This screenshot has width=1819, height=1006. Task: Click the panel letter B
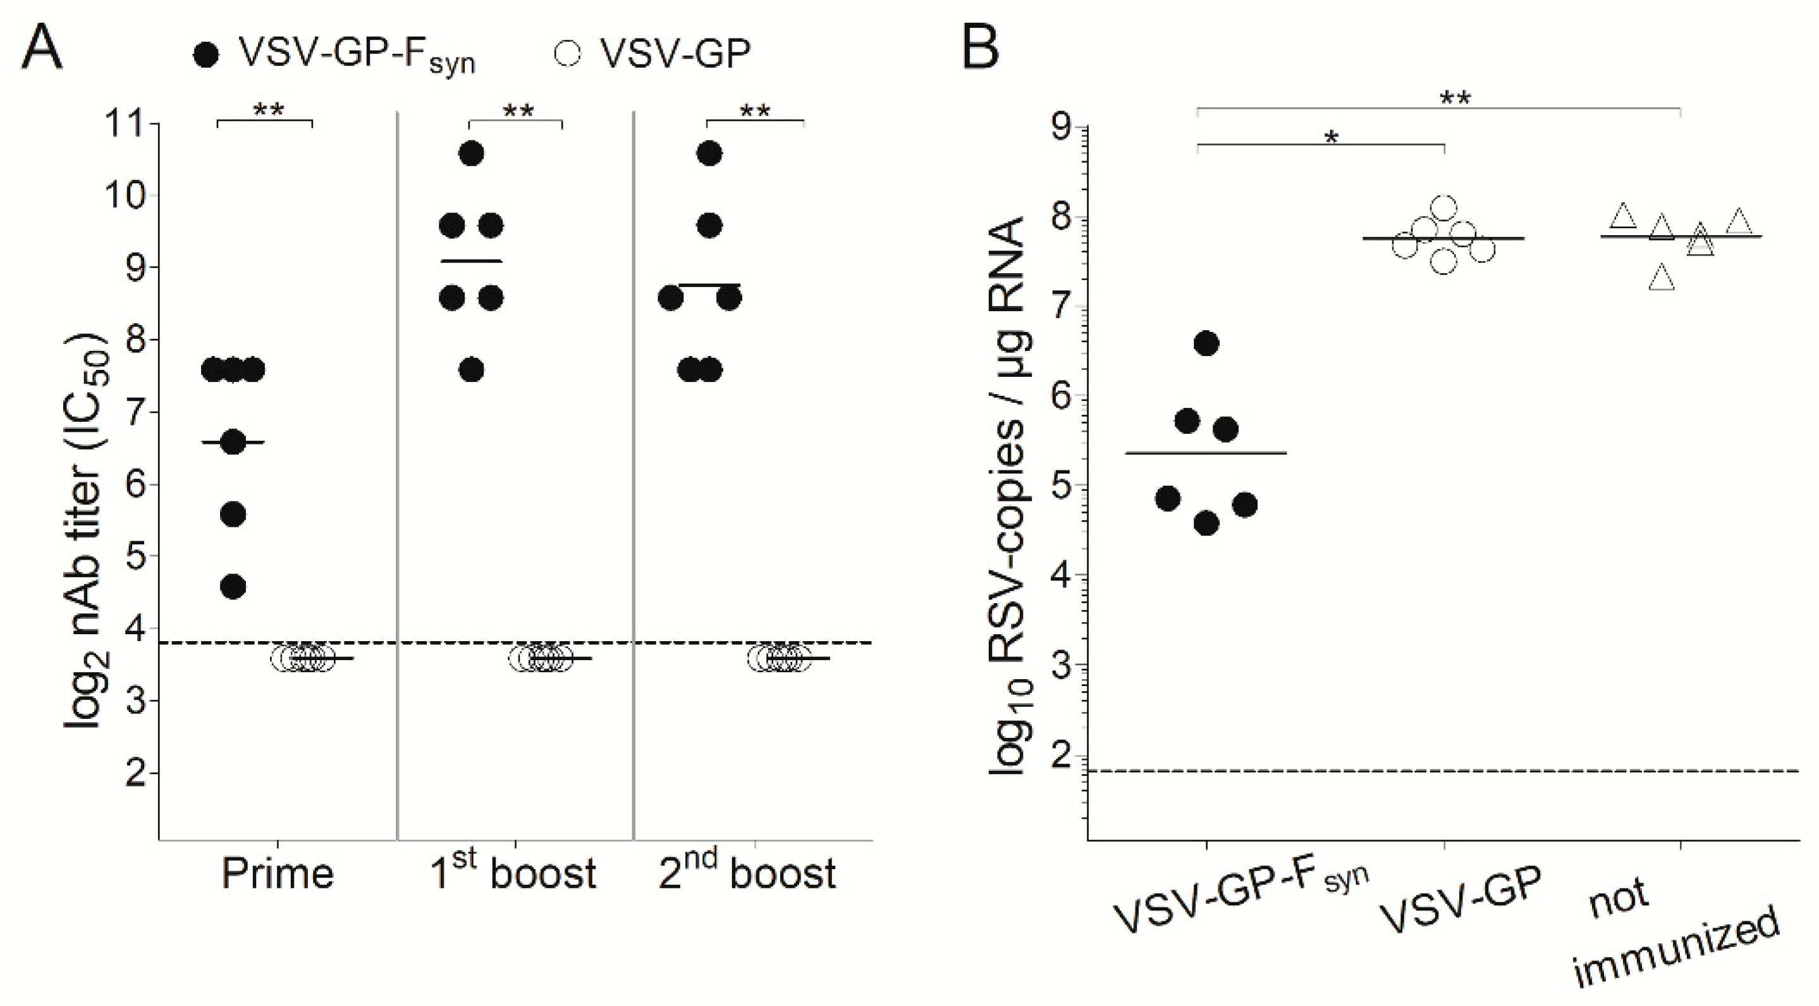pyautogui.click(x=981, y=46)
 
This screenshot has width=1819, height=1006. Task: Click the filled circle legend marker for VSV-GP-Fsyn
pyautogui.click(x=205, y=55)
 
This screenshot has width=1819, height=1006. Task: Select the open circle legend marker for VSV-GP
pyautogui.click(x=568, y=54)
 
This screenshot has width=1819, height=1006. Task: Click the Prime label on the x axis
pyautogui.click(x=278, y=874)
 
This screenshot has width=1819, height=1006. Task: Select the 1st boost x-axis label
pyautogui.click(x=513, y=874)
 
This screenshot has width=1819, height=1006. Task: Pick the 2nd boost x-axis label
pyautogui.click(x=747, y=874)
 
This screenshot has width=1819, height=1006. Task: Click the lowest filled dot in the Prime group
pyautogui.click(x=233, y=587)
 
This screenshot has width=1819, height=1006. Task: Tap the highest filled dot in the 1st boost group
pyautogui.click(x=472, y=153)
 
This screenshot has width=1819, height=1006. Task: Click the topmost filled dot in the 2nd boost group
pyautogui.click(x=709, y=153)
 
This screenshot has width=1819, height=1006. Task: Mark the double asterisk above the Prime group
pyautogui.click(x=268, y=110)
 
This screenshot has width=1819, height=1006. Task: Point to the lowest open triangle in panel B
pyautogui.click(x=1662, y=278)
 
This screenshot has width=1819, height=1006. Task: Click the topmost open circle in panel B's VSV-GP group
pyautogui.click(x=1444, y=207)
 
